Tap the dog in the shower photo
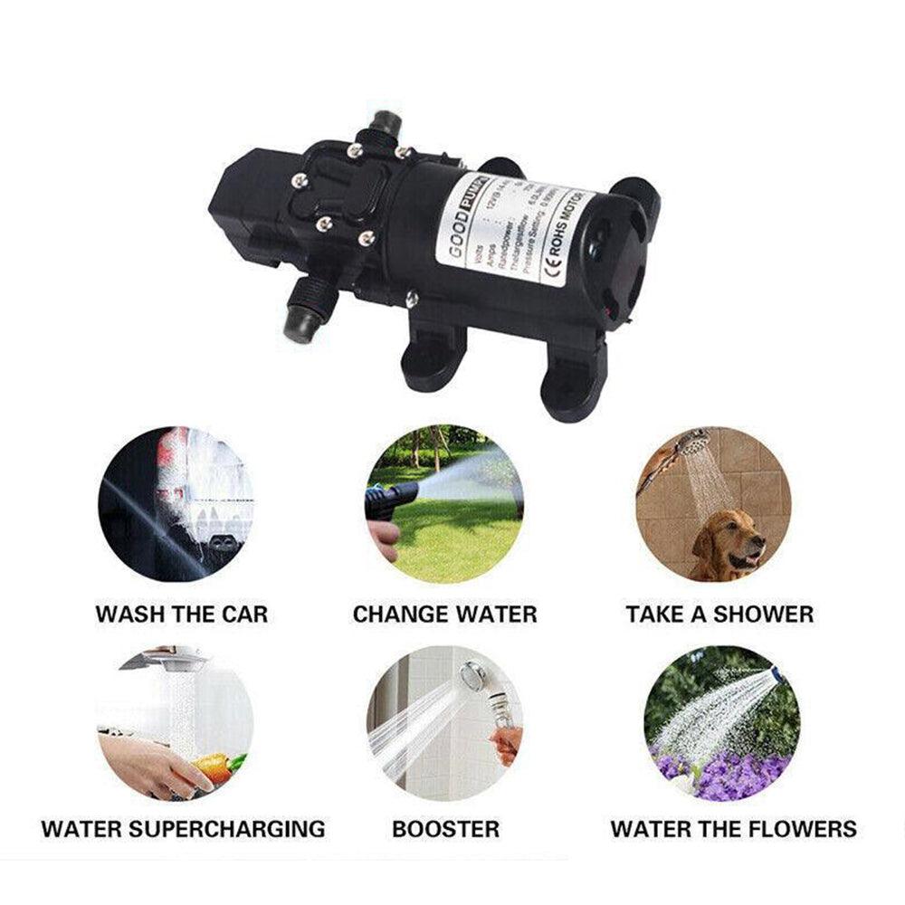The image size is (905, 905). click(x=729, y=544)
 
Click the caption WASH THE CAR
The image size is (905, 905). click(x=181, y=614)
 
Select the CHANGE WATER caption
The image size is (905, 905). click(x=444, y=614)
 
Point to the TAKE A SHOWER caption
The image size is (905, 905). click(x=719, y=614)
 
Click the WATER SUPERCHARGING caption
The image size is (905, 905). click(x=183, y=828)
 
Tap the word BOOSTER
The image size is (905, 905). click(x=445, y=828)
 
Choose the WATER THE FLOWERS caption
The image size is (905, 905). click(x=733, y=828)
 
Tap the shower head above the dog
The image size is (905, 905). click(x=693, y=444)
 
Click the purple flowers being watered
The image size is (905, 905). click(x=724, y=774)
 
